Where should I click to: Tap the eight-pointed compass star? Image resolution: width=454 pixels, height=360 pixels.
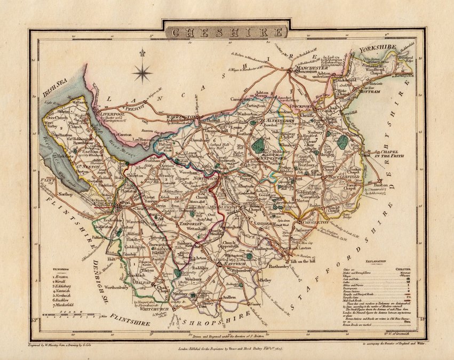tap(142, 72)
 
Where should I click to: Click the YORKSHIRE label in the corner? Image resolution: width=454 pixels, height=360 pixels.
tap(378, 49)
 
